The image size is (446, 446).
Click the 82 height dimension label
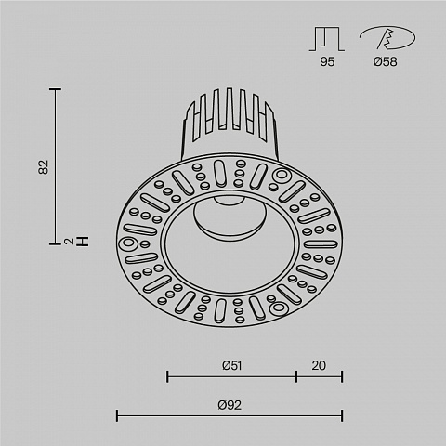click(44, 167)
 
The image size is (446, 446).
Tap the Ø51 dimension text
click(232, 366)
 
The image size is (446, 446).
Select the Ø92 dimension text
click(230, 405)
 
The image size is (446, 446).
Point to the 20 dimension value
click(319, 366)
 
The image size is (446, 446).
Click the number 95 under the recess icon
click(327, 62)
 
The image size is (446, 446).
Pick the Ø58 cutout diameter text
click(385, 62)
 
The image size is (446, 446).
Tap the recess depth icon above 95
click(327, 39)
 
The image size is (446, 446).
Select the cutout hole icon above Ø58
click(387, 38)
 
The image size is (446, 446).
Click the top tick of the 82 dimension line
click(56, 89)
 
